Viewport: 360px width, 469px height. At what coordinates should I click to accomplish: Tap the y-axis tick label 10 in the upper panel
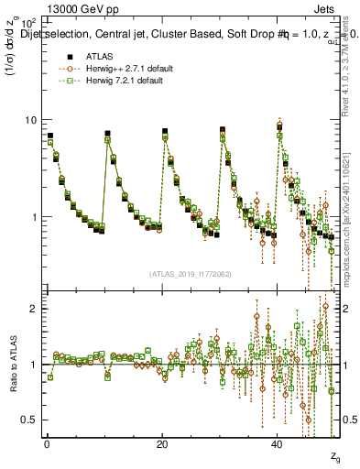[x=29, y=120]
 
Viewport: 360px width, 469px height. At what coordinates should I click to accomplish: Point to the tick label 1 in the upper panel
[x=33, y=218]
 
